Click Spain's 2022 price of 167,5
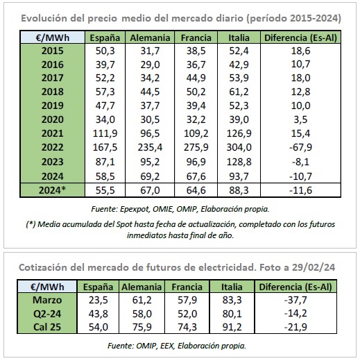105,147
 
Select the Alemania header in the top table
150,37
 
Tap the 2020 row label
52,119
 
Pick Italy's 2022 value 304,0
239,147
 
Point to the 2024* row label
52,190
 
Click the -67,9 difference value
300,147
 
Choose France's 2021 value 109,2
196,133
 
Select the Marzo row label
47,300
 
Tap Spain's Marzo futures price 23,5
98,300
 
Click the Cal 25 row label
47,327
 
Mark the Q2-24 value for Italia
232,314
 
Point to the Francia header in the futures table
187,287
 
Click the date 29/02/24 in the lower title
314,267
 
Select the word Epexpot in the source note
135,209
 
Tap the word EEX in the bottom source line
166,346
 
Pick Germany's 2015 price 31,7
150,51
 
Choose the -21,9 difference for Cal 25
295,327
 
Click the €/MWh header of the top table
53,37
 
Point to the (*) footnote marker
31,224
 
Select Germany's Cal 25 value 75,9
142,327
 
